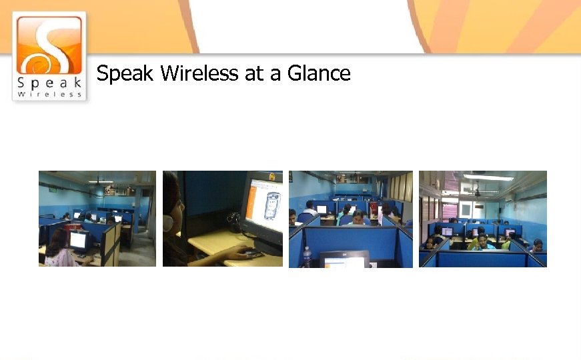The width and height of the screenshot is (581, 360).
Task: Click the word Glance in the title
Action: click(x=319, y=73)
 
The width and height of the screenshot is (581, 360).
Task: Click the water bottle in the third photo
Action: click(x=306, y=257)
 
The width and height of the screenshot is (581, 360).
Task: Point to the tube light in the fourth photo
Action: click(x=488, y=178)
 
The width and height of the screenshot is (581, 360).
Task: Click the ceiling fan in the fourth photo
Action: click(x=476, y=192)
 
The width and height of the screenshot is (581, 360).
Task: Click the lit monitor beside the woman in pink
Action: click(x=79, y=241)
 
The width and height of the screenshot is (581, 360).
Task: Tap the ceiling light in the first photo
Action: click(x=100, y=181)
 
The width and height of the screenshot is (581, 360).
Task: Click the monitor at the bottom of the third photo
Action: click(x=345, y=259)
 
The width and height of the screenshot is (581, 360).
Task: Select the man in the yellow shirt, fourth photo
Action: click(x=481, y=241)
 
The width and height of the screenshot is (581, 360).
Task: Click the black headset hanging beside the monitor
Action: click(x=233, y=218)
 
